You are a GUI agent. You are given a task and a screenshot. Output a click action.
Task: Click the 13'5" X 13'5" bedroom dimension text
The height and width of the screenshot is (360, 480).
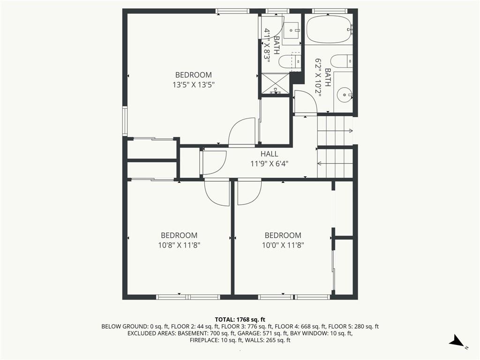point(193,84)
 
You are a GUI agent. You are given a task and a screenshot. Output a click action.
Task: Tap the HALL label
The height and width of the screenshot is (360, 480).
point(270,154)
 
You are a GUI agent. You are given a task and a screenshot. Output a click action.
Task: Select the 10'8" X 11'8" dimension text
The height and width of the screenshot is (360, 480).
point(179,245)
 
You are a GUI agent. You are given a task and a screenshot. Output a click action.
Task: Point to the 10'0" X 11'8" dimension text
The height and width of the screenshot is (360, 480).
point(283,245)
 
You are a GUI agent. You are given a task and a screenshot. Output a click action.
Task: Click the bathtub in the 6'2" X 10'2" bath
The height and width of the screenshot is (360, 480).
point(329,30)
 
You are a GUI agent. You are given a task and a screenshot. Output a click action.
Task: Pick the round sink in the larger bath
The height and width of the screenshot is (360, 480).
point(345,95)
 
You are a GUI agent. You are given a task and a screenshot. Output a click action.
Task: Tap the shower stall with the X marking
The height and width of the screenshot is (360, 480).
point(275,83)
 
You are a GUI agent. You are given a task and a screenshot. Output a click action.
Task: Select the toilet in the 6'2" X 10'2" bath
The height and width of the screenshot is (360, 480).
point(342,61)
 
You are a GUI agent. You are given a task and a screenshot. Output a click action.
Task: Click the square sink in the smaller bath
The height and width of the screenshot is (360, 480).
point(292,30)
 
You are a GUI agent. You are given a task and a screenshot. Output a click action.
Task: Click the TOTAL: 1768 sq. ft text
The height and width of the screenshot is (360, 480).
point(240,320)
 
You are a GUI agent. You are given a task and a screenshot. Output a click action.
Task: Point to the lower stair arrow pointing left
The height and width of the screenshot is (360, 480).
point(335,164)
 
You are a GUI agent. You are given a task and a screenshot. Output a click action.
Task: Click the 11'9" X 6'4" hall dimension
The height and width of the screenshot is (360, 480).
point(270,164)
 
